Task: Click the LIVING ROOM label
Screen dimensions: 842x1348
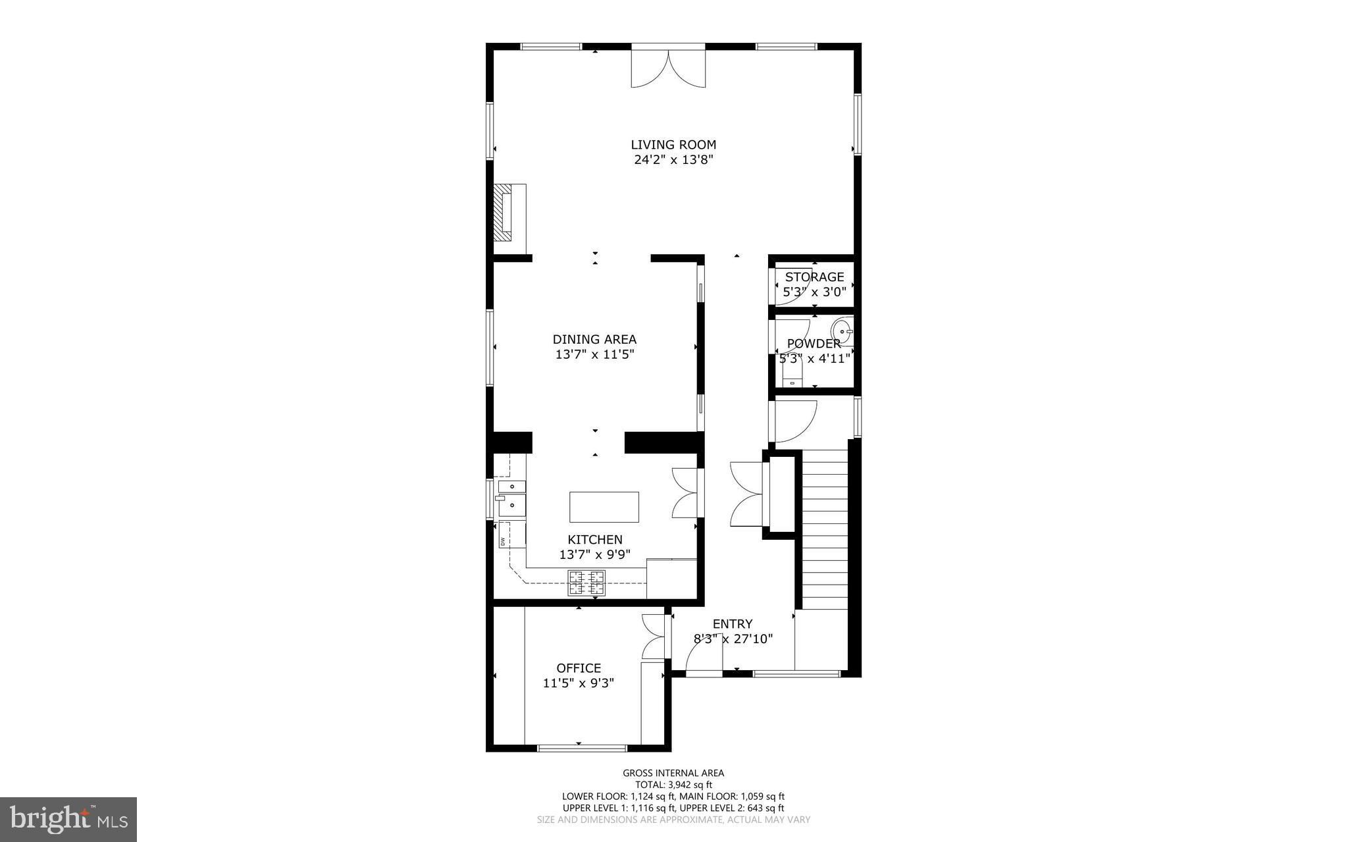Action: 673,145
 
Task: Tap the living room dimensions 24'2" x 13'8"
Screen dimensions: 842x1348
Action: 673,160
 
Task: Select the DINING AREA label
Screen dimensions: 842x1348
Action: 594,340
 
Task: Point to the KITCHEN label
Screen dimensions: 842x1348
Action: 595,540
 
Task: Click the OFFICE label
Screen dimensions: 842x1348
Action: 579,668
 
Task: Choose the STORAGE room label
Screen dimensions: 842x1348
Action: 814,277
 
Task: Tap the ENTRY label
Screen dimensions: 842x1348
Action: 733,624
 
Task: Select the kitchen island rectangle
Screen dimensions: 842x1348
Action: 604,507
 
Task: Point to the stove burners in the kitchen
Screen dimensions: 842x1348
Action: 586,583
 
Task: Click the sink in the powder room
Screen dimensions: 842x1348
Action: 842,329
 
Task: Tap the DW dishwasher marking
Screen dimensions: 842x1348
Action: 503,542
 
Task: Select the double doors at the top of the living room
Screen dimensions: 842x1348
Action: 668,66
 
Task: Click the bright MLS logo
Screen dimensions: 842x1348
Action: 68,819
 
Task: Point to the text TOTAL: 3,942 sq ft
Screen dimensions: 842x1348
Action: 673,785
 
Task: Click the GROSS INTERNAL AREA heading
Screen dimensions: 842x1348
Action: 673,774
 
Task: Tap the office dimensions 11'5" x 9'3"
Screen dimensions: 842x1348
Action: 579,683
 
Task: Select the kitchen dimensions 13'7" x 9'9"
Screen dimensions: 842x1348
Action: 595,555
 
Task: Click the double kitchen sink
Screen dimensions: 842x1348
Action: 512,496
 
